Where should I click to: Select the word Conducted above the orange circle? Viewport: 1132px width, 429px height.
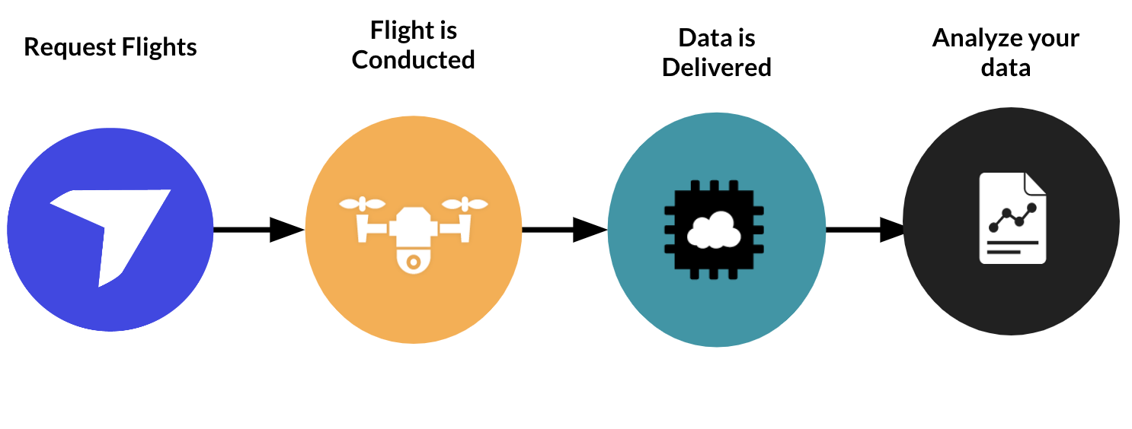tap(413, 60)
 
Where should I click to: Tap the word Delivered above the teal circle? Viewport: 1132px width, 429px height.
tap(716, 68)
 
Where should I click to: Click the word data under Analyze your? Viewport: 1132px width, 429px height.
tap(1006, 68)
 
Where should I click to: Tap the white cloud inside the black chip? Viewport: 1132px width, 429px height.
tap(714, 230)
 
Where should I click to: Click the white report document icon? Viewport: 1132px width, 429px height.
tap(1012, 219)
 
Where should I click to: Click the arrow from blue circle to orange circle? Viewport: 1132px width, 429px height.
tap(259, 229)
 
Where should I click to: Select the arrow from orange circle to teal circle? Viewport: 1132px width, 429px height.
tap(564, 229)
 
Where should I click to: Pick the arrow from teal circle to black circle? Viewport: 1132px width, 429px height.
tap(865, 229)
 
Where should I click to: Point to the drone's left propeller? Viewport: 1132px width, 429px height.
tap(363, 204)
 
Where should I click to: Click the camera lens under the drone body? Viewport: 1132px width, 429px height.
tap(413, 262)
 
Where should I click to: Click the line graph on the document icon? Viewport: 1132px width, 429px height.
tap(1012, 218)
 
